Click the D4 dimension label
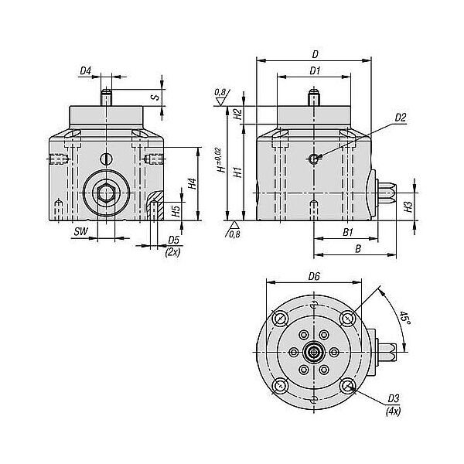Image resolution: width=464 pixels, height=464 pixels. tap(86, 70)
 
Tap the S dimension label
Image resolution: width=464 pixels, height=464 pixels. tap(155, 97)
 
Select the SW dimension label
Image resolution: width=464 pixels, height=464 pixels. tap(81, 231)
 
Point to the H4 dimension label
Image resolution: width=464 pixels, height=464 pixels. tap(193, 183)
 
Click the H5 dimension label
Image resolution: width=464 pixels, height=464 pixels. tap(176, 210)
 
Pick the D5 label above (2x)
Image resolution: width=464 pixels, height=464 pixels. tap(174, 240)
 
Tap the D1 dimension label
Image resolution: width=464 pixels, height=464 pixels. tap(315, 70)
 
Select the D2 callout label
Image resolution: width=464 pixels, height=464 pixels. tap(401, 118)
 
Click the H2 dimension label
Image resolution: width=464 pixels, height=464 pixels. tap(238, 114)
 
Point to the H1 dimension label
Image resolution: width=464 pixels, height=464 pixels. tap(238, 172)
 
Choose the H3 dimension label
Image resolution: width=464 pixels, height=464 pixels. tap(408, 206)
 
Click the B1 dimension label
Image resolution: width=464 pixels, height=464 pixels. tap(348, 232)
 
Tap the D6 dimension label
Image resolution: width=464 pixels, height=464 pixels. tap(314, 276)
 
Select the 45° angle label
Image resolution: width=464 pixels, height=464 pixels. tap(404, 318)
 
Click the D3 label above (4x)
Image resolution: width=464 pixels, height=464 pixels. tap(394, 398)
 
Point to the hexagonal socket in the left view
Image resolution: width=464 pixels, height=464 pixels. tap(106, 194)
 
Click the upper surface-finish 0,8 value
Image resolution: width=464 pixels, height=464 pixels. tap(220, 92)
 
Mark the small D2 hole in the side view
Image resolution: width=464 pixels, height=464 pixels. tap(313, 159)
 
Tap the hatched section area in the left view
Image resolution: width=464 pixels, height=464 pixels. tap(155, 206)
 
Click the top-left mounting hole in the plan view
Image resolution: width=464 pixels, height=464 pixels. tap(280, 319)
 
